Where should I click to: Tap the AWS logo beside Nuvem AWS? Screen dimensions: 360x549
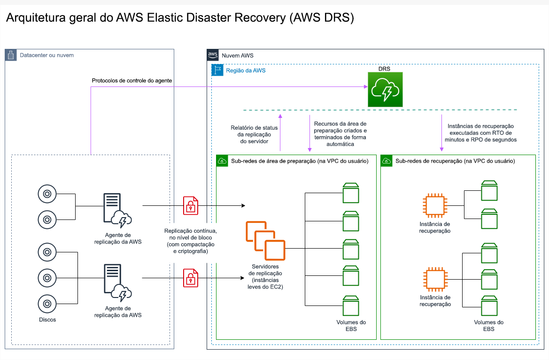213,55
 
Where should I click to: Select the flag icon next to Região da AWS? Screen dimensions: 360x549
217,70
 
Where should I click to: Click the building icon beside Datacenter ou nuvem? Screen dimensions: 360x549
11,55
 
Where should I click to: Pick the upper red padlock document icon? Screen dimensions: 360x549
190,205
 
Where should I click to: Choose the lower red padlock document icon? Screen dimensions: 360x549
190,277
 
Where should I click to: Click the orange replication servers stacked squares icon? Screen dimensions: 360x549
265,241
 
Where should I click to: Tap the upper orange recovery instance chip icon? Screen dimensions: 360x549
433,205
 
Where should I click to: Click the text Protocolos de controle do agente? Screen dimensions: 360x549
131,81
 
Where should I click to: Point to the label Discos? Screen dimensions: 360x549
47,320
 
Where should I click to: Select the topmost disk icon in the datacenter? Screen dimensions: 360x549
47,194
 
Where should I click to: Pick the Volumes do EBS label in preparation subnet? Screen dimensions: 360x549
351,325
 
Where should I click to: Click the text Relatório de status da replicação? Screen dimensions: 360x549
254,134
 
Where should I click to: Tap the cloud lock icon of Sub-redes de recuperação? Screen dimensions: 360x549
387,161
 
